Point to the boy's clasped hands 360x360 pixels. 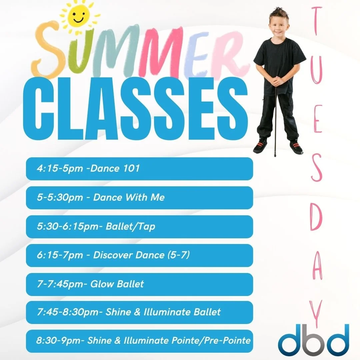coord(278,80)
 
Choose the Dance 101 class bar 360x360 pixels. coord(139,169)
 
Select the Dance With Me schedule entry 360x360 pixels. coord(139,197)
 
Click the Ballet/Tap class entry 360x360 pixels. coord(139,227)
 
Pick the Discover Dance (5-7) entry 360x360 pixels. coord(139,255)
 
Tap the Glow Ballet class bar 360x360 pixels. coord(139,284)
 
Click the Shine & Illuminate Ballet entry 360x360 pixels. coord(139,312)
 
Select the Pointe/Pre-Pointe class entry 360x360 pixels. coord(139,341)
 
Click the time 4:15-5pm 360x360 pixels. coord(59,169)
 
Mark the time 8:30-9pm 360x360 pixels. coord(61,341)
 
